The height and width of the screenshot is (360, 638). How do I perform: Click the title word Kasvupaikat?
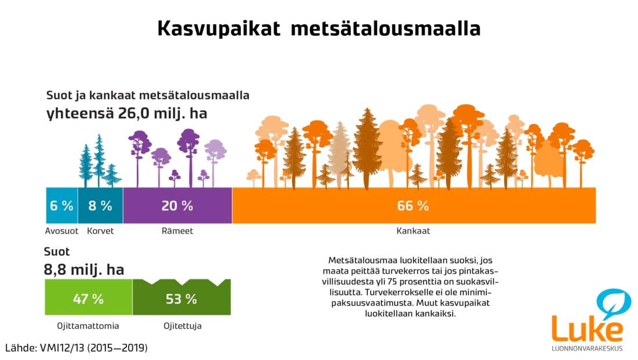[x=219, y=29]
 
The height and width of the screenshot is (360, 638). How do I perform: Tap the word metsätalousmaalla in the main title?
[x=386, y=28]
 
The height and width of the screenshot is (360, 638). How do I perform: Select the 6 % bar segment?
[x=62, y=205]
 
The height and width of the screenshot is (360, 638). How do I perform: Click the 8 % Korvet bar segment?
[x=100, y=205]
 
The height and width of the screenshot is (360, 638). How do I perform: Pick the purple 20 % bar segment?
[x=177, y=205]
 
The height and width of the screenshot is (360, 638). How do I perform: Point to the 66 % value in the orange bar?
[x=413, y=206]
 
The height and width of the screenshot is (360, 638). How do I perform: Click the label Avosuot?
[x=61, y=231]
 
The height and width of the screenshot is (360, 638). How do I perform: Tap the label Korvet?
[x=100, y=231]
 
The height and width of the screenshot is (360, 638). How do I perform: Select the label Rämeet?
[x=177, y=231]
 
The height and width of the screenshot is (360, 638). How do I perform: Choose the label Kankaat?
[x=413, y=231]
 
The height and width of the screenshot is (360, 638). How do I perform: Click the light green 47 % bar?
[x=89, y=297]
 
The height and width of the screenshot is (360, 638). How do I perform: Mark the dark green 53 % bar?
[x=182, y=297]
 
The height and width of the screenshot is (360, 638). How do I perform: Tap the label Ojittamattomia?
[x=88, y=326]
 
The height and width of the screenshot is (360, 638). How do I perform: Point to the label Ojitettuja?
[x=182, y=326]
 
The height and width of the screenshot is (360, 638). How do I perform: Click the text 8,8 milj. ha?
[x=84, y=270]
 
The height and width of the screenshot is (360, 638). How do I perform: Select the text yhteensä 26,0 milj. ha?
[x=127, y=114]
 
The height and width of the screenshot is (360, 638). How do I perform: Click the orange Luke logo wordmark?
[x=587, y=328]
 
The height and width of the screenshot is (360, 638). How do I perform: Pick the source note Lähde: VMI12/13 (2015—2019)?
[x=77, y=348]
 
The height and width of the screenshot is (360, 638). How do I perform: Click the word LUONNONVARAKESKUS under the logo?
[x=587, y=348]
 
